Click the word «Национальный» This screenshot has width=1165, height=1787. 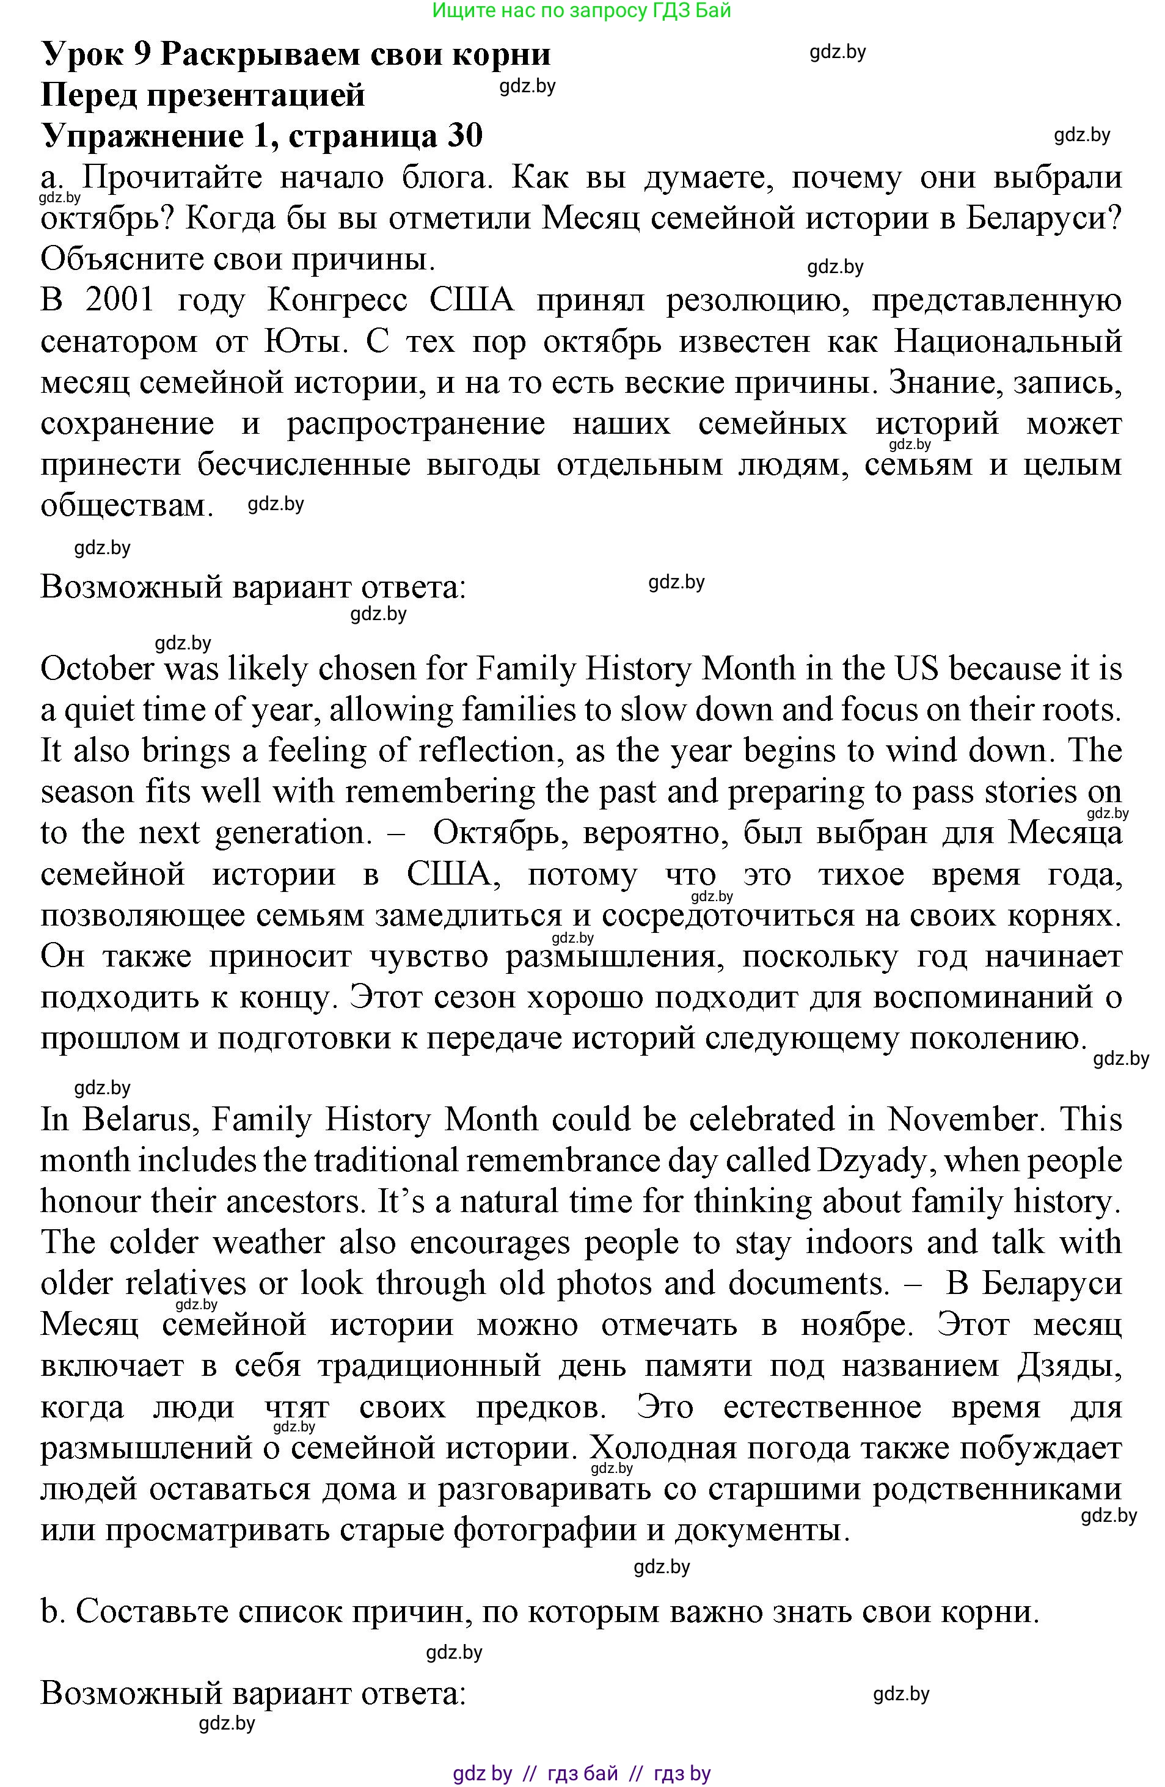(1007, 342)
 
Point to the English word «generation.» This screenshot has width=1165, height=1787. (290, 833)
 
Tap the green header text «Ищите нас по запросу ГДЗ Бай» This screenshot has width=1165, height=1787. (582, 10)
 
